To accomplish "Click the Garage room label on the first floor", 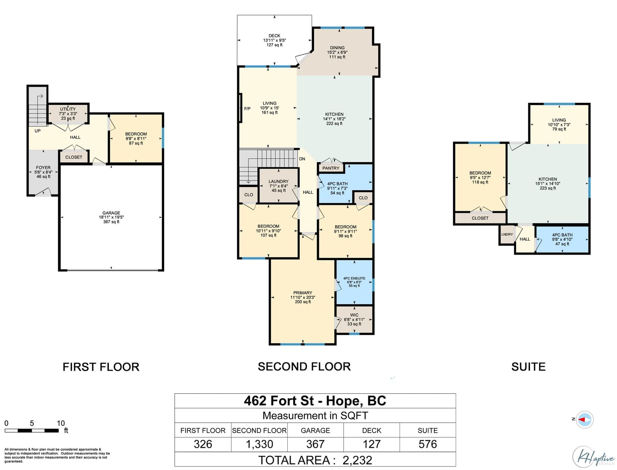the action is click(111, 217).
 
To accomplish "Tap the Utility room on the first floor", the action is click(68, 114).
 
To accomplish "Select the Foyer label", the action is click(43, 172).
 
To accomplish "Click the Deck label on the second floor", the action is click(274, 40).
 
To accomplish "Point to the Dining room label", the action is click(337, 52).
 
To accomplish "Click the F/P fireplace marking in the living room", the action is click(247, 109).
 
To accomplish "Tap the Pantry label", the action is click(330, 168).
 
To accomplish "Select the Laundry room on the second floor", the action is click(278, 186).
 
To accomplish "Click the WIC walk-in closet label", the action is click(354, 319).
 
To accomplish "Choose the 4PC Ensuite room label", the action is click(354, 282).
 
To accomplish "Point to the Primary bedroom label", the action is click(303, 297).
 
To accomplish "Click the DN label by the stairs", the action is click(302, 159).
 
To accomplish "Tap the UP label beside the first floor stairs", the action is click(37, 131).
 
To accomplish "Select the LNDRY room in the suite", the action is click(507, 235).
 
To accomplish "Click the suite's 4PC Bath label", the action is click(562, 240).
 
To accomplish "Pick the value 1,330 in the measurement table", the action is click(259, 444).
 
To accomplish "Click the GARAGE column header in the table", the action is click(315, 430).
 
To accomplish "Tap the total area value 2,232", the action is click(357, 460).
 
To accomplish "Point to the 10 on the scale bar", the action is click(61, 423).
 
